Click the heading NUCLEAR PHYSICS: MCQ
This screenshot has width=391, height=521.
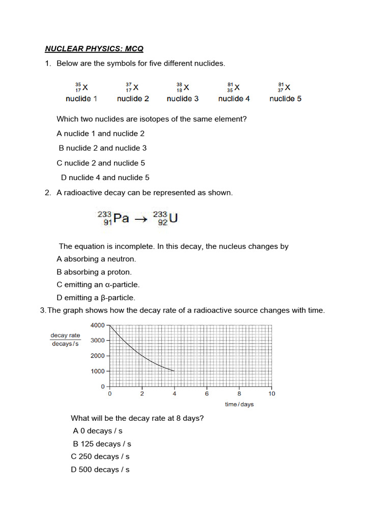point(94,49)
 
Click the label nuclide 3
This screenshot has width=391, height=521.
point(183,99)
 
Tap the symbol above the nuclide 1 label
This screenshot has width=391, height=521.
point(81,88)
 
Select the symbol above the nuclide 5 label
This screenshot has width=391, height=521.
point(285,88)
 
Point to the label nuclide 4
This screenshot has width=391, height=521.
point(234,99)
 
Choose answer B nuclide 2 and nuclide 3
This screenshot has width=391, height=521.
point(103,148)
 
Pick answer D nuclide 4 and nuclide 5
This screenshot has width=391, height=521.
point(105,178)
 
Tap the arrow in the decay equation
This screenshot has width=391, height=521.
point(141,219)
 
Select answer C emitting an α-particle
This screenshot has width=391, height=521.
point(98,285)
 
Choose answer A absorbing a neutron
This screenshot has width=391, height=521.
point(97,259)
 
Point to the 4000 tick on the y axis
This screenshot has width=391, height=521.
point(97,325)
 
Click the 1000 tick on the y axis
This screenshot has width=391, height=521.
point(97,371)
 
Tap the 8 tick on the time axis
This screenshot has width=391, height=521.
point(239,394)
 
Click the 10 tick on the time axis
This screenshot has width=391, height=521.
point(271,394)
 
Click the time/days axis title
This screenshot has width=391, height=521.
point(239,404)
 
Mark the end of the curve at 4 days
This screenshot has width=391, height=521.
point(175,371)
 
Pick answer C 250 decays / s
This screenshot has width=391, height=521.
point(100,456)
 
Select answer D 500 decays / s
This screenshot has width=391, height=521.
point(100,470)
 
